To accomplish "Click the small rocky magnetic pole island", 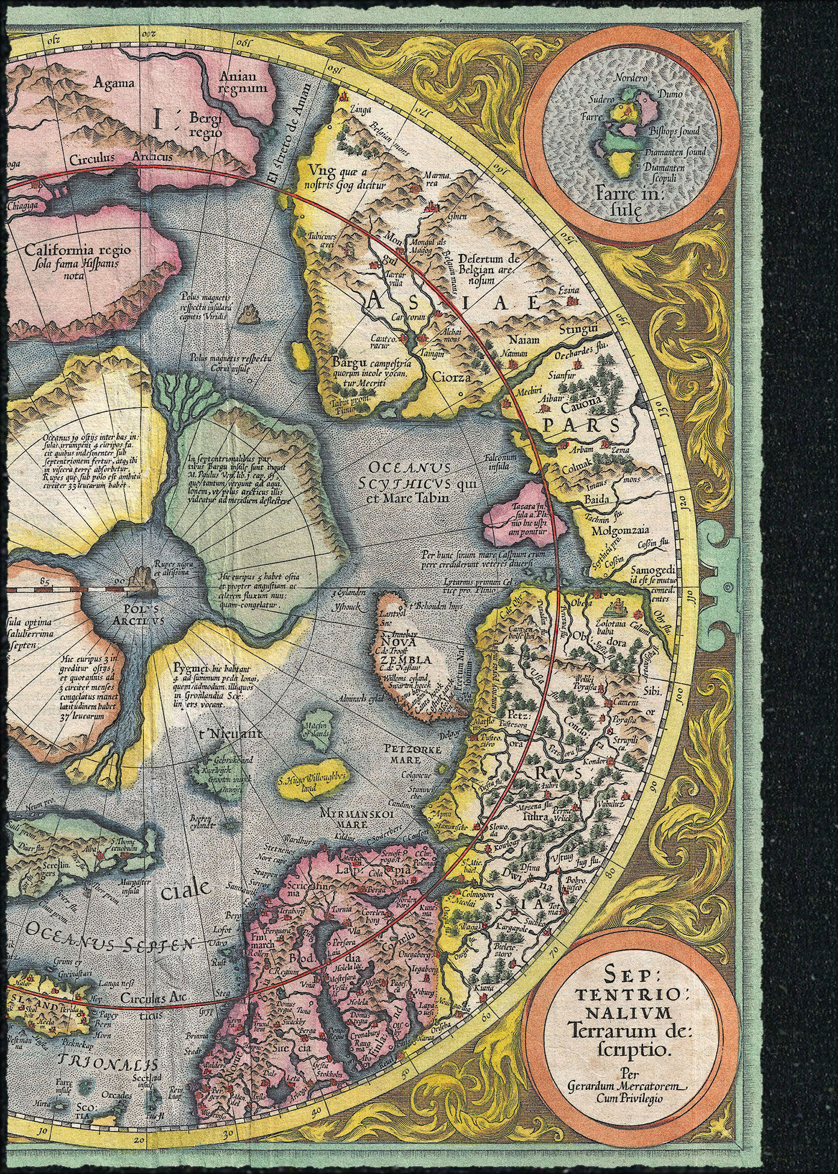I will tap(249, 314).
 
